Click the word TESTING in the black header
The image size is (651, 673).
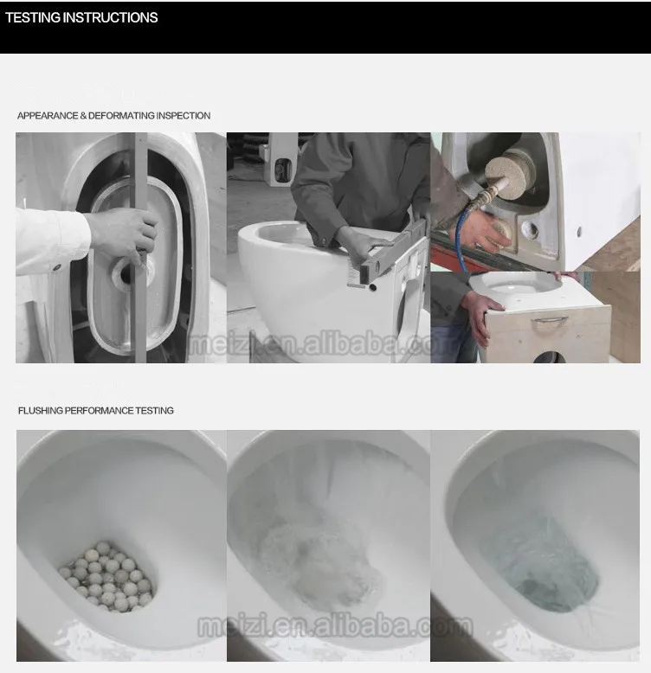pyautogui.click(x=33, y=17)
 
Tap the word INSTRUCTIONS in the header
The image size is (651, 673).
pyautogui.click(x=110, y=17)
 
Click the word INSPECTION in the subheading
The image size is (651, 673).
pyautogui.click(x=184, y=115)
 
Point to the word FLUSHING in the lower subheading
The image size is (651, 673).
pyautogui.click(x=41, y=411)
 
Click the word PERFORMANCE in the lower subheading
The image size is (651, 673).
pyautogui.click(x=100, y=411)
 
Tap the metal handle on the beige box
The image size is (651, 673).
pyautogui.click(x=550, y=321)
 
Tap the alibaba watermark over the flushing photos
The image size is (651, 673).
pyautogui.click(x=335, y=626)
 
